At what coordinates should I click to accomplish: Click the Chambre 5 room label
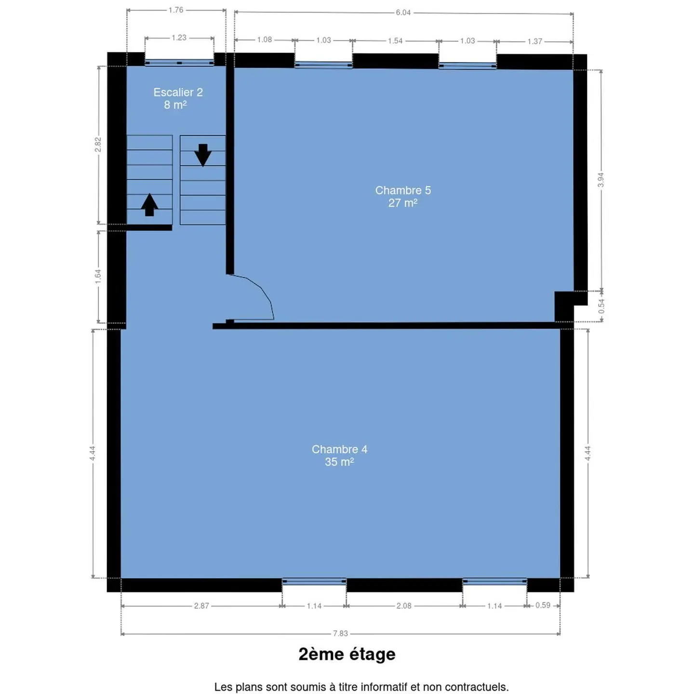click(x=402, y=196)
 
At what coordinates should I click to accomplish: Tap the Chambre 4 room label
click(x=339, y=455)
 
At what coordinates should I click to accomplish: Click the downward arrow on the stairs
click(x=203, y=155)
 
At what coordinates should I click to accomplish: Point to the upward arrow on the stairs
click(x=149, y=204)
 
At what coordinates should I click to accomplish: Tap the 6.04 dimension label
click(x=403, y=13)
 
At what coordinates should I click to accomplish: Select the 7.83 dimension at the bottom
click(x=340, y=633)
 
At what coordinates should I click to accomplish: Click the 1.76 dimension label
click(x=176, y=10)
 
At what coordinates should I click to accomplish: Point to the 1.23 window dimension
click(x=179, y=38)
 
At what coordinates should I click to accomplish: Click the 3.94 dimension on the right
click(x=601, y=180)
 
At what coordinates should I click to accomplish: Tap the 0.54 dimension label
click(x=601, y=306)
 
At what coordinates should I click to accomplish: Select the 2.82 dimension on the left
click(x=98, y=145)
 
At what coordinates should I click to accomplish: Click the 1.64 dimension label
click(x=98, y=276)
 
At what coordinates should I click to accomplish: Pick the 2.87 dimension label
click(x=201, y=606)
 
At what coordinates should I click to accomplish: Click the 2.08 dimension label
click(x=404, y=606)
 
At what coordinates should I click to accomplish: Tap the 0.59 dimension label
click(x=543, y=605)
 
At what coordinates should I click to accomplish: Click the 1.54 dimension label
click(x=395, y=40)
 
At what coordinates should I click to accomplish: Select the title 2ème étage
click(x=347, y=654)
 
